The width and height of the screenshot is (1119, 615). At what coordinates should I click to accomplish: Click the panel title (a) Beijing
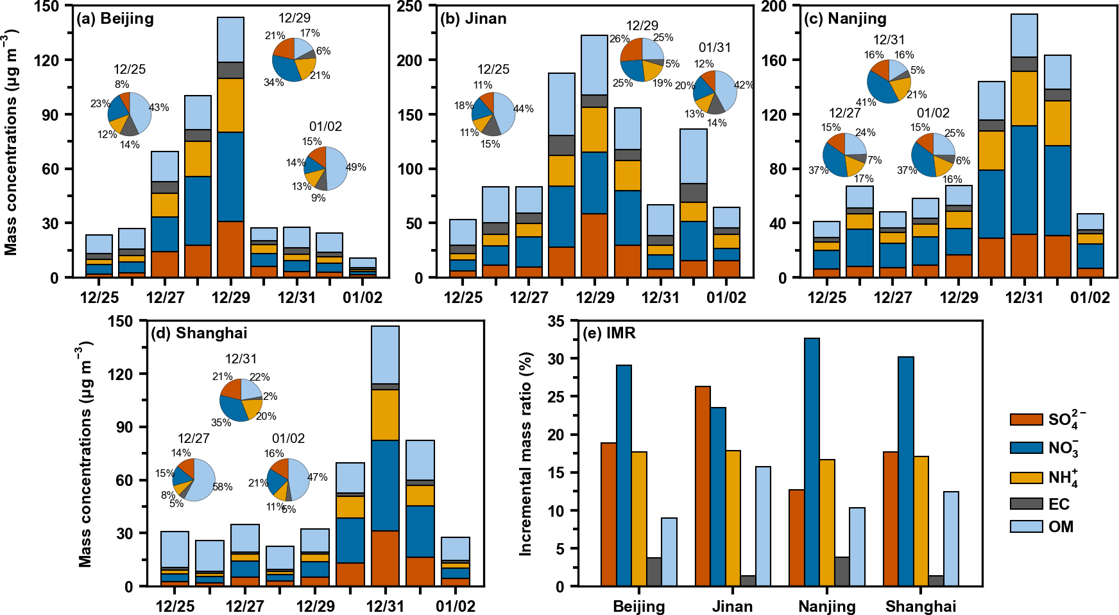115,18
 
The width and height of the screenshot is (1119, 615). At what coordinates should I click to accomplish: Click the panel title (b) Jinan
474,18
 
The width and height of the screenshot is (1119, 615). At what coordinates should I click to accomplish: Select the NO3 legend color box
1026,447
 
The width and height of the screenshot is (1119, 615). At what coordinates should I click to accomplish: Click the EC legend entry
1059,504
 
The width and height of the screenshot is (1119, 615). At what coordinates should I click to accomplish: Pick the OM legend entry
1061,526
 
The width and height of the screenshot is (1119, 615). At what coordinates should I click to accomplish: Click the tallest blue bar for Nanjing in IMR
812,462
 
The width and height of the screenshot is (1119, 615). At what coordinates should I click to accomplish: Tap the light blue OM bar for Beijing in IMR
669,552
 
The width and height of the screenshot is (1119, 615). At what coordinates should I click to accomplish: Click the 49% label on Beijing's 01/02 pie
356,167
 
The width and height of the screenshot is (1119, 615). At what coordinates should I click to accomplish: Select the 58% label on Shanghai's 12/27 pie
223,487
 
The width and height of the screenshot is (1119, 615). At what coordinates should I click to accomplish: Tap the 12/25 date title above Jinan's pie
493,69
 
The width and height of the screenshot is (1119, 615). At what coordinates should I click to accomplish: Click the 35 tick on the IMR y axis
556,321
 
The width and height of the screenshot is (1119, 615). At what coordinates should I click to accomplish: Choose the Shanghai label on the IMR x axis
921,606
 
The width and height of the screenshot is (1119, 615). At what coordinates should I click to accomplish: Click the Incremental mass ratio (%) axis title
526,453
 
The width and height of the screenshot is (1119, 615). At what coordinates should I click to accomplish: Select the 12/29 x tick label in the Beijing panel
230,297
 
